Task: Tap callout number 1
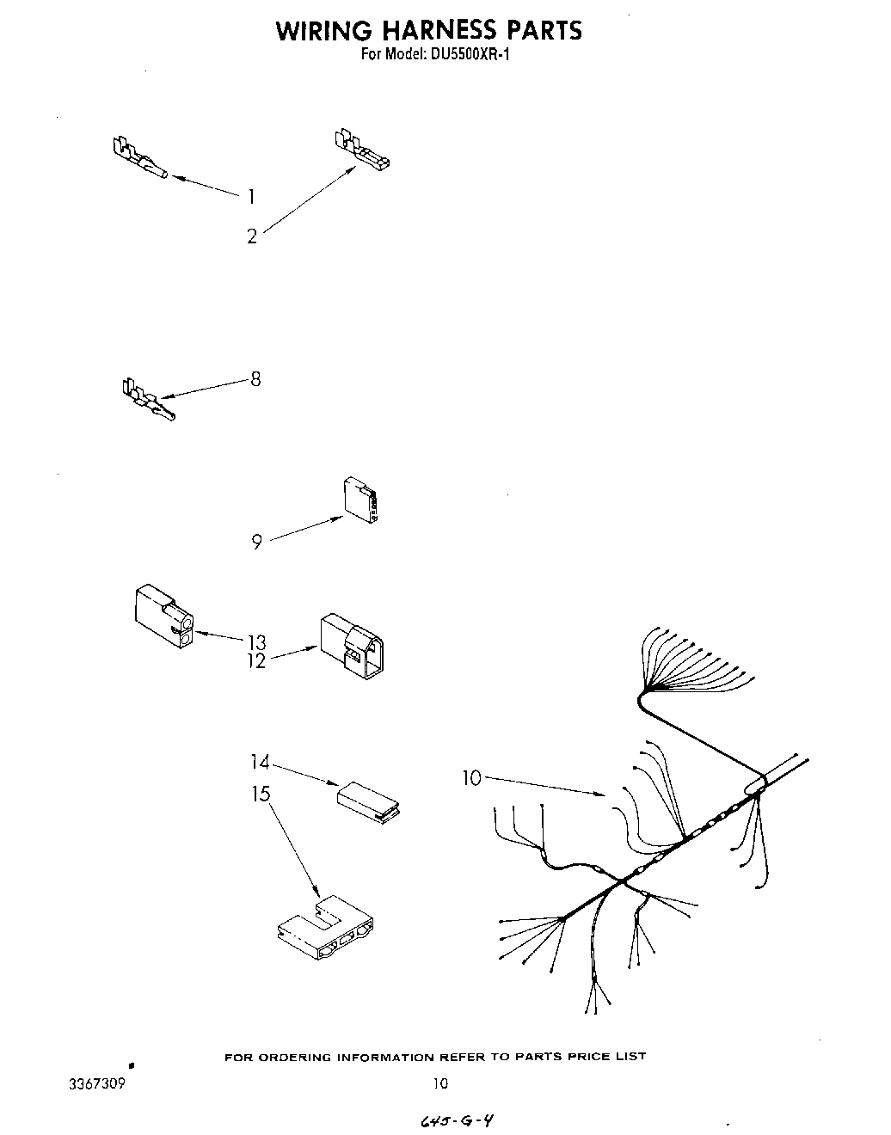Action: tap(250, 197)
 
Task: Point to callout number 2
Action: tap(252, 236)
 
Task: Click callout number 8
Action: tap(255, 378)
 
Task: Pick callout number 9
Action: tap(256, 543)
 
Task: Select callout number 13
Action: tap(255, 642)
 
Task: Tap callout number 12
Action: tap(255, 662)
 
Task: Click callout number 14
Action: tap(260, 762)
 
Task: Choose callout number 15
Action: tap(260, 794)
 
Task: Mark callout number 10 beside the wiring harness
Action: tap(471, 778)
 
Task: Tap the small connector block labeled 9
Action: tap(360, 500)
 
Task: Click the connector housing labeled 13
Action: tap(163, 616)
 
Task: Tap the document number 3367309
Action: tap(96, 1084)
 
